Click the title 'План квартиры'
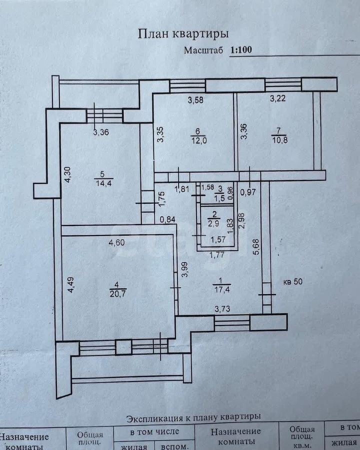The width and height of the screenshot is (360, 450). [183, 34]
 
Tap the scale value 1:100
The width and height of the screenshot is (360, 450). [241, 50]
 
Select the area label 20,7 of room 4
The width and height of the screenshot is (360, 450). [117, 293]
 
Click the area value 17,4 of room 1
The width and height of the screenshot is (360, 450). [221, 289]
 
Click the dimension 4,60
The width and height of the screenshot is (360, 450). [116, 243]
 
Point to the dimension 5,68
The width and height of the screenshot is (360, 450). [256, 247]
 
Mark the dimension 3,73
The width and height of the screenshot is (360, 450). [222, 309]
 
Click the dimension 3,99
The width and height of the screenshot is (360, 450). [185, 269]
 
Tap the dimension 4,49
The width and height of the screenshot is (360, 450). [70, 284]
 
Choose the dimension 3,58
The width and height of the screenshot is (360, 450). [195, 100]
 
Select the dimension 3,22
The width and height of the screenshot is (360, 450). [278, 98]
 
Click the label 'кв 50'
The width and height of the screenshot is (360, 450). [293, 281]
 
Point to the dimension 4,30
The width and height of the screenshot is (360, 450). [68, 175]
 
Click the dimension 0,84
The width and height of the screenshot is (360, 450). [167, 219]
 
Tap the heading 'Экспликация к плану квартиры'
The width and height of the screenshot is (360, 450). [193, 417]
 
